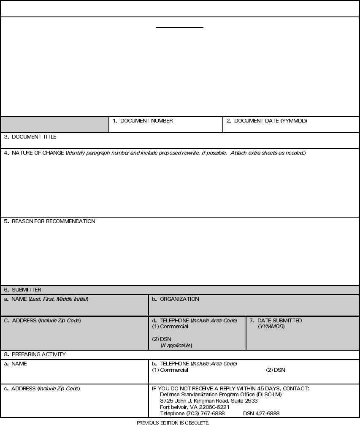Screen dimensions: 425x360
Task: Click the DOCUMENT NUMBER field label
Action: point(143,121)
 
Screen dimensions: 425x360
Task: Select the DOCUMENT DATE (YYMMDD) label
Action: point(267,121)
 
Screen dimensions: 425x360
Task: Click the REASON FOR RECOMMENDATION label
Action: point(50,221)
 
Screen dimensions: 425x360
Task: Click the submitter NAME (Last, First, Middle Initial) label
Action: point(46,299)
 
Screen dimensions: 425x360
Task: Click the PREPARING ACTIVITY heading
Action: point(35,354)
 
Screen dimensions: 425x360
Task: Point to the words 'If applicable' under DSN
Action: point(176,346)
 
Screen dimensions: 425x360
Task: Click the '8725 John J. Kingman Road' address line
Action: point(209,401)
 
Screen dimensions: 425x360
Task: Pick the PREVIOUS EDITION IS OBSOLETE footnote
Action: point(173,422)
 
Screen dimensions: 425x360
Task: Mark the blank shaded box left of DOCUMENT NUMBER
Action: point(54,125)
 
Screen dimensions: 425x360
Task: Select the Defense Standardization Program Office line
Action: point(221,395)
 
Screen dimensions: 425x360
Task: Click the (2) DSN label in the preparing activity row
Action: point(276,370)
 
